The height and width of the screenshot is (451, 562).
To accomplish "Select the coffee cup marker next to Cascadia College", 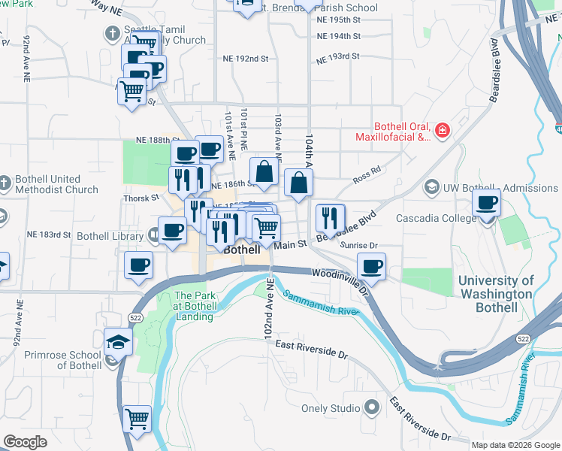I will pyautogui.click(x=487, y=203).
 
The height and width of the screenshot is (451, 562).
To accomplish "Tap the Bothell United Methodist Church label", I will pyautogui.click(x=50, y=185).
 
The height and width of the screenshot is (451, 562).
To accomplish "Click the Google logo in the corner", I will pyautogui.click(x=25, y=442).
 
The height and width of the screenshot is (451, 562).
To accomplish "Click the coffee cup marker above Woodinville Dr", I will pyautogui.click(x=370, y=266).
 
